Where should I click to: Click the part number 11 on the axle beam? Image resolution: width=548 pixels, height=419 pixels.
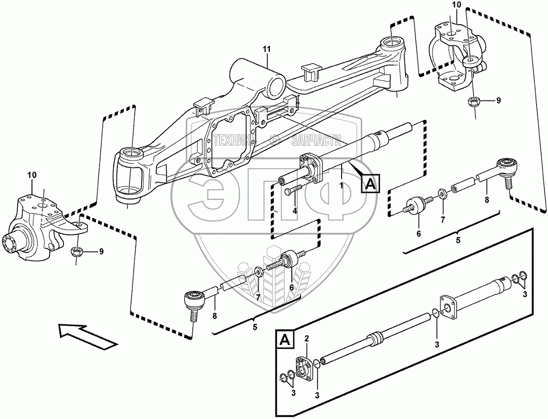pyautogui.click(x=267, y=48)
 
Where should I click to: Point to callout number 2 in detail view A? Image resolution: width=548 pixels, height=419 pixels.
pyautogui.click(x=307, y=339)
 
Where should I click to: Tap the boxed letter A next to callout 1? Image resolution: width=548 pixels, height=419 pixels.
pyautogui.click(x=369, y=184)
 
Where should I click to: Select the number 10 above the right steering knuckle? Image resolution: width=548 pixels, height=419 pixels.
pyautogui.click(x=457, y=5)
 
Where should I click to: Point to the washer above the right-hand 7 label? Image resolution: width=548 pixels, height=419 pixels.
pyautogui.click(x=443, y=193)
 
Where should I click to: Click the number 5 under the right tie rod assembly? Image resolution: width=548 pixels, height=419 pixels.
pyautogui.click(x=458, y=240)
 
